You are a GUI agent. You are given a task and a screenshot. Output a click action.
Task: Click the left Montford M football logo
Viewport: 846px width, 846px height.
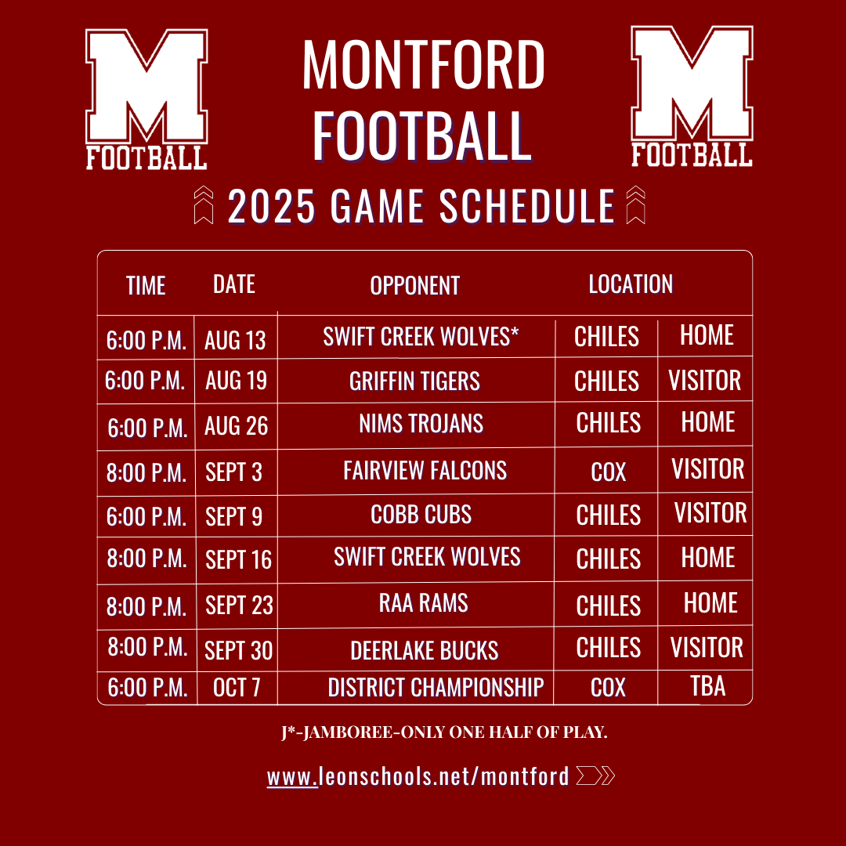(146, 99)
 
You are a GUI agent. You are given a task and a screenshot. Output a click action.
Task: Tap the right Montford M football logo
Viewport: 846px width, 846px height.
(692, 97)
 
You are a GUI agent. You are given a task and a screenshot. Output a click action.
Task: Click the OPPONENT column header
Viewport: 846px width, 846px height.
(414, 285)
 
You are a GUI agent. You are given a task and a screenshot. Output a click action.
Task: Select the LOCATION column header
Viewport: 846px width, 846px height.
(631, 284)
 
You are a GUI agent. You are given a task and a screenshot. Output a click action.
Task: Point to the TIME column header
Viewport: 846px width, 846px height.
(146, 285)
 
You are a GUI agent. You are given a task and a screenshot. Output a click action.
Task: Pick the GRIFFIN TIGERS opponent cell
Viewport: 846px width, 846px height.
(414, 381)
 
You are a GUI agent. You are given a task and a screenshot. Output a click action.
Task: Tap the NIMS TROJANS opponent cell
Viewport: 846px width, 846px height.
(421, 424)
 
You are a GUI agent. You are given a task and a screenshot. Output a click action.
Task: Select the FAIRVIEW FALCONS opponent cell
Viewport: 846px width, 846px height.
(425, 471)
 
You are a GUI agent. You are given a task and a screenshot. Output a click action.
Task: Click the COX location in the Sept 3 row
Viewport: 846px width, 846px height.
(608, 472)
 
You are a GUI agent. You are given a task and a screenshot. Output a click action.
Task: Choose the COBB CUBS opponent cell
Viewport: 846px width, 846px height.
(421, 514)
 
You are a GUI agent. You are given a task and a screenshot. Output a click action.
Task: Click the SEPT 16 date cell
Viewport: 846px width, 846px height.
(238, 559)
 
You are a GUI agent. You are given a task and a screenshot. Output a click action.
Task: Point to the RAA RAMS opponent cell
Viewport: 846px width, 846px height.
(424, 602)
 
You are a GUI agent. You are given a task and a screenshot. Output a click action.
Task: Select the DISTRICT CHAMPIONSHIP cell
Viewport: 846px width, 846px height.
(436, 688)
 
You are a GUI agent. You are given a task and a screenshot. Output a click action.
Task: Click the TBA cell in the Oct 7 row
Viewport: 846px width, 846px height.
(708, 685)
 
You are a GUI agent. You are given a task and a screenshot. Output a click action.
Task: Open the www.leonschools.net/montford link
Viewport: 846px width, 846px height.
(418, 776)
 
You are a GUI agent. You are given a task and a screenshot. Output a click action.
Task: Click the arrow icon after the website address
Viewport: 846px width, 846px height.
(595, 775)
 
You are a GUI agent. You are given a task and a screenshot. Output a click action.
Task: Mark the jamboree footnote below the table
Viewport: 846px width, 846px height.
(444, 732)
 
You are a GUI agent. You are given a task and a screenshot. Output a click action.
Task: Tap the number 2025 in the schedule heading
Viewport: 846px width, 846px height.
(271, 206)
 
